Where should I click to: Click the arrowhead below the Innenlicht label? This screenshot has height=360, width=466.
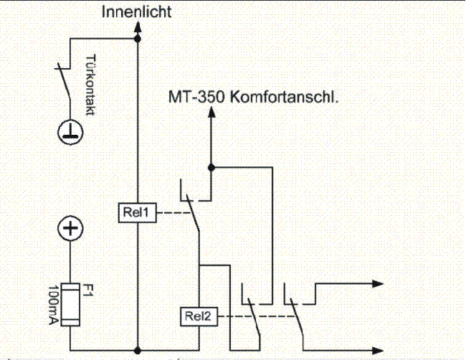(138, 27)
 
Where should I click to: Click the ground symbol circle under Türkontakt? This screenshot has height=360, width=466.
(70, 131)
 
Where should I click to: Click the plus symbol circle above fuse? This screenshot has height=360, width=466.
(70, 230)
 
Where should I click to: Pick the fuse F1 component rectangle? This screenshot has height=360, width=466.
(70, 305)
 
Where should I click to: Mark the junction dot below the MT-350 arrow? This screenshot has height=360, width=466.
(211, 167)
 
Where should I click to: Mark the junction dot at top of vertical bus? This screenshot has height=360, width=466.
(138, 40)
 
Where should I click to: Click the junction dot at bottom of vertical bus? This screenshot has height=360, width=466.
(138, 351)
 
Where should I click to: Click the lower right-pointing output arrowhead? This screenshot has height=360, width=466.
(377, 351)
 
